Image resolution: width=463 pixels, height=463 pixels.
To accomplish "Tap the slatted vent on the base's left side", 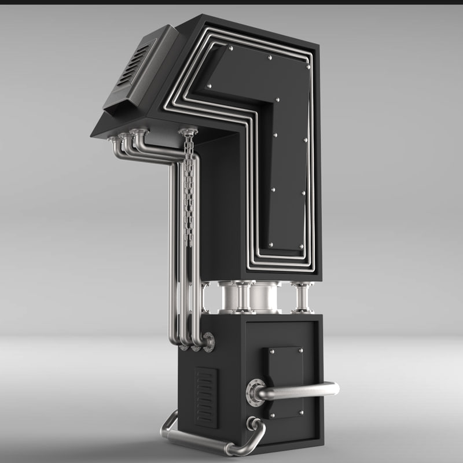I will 206,397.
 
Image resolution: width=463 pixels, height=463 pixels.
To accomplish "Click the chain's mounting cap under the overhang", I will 186,133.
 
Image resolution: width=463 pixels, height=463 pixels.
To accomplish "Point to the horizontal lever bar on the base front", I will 301,391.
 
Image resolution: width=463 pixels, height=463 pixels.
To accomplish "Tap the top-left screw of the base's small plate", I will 271,351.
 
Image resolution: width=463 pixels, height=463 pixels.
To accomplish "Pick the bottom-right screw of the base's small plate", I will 301,413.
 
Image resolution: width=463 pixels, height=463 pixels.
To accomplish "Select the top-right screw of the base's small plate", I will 301,351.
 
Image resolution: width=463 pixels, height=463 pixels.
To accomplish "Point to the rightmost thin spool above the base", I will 302,298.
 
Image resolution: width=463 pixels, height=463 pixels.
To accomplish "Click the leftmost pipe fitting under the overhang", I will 114,139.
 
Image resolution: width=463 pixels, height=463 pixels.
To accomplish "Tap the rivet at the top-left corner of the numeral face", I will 230,49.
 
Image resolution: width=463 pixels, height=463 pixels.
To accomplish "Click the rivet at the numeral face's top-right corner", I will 308,67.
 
